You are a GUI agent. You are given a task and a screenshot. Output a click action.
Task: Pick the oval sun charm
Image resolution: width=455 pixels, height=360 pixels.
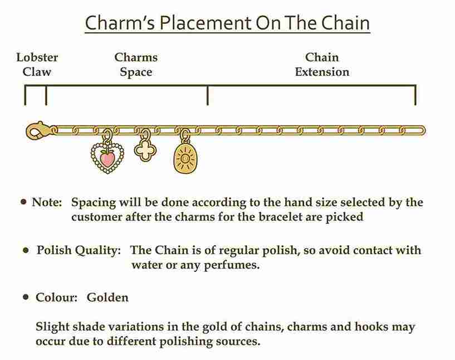(x=185, y=158)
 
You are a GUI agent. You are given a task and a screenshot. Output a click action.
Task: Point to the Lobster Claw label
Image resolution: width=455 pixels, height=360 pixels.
(x=37, y=65)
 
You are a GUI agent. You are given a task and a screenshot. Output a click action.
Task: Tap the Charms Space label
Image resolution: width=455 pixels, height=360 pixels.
(x=136, y=65)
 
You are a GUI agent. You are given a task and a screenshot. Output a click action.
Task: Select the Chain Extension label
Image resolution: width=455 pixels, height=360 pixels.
(x=322, y=65)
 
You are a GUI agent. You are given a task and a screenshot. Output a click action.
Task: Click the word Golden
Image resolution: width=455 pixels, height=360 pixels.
(x=107, y=297)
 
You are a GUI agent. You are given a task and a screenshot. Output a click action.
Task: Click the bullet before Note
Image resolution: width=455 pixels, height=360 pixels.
(x=23, y=202)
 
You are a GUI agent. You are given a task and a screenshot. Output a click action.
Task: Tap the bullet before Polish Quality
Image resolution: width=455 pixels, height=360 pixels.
(x=26, y=250)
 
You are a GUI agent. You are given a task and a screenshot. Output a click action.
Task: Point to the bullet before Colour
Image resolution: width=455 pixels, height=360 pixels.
(x=26, y=297)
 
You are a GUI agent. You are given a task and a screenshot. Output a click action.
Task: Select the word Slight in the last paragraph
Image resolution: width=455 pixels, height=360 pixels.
(x=52, y=327)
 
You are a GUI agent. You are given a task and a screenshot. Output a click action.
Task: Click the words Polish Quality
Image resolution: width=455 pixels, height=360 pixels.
(x=79, y=250)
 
